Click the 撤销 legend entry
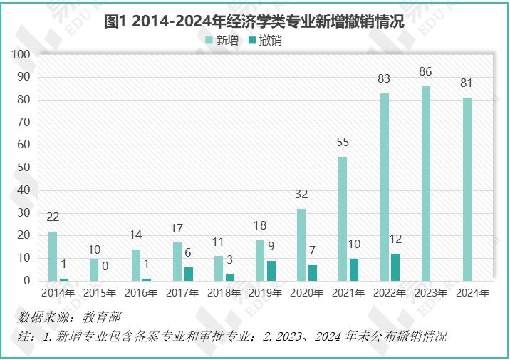[x=264, y=41]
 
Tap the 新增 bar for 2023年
[x=426, y=183]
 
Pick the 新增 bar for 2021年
[x=343, y=218]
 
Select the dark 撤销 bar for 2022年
[x=395, y=267]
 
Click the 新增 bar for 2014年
[x=53, y=256]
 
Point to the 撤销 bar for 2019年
[x=271, y=270]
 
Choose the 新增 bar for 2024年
[x=467, y=189]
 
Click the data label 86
[x=426, y=72]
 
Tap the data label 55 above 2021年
[x=343, y=143]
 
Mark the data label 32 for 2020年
[x=301, y=194]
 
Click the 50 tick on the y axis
[x=24, y=168]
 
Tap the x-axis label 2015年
[x=100, y=293]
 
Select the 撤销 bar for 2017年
[x=188, y=274]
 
